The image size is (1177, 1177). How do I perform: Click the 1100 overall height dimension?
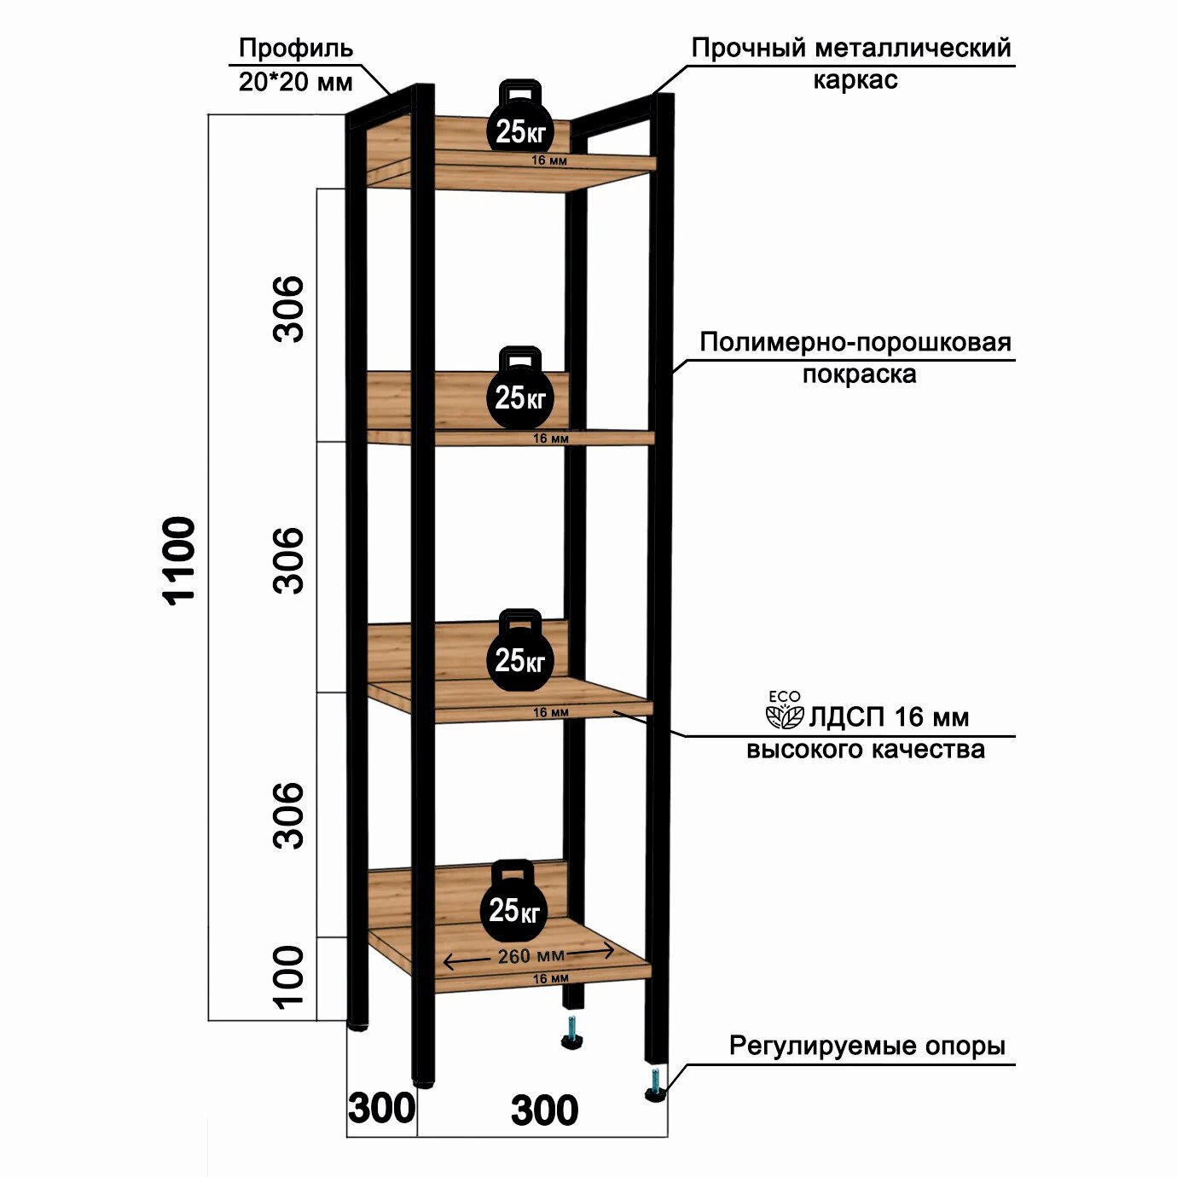(x=180, y=560)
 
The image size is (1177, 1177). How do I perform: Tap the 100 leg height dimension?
(x=289, y=977)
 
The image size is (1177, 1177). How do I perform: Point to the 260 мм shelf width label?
(x=531, y=956)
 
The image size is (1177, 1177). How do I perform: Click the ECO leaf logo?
(x=784, y=712)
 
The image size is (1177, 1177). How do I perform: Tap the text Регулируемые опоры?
(x=867, y=1046)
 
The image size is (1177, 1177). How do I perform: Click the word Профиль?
(x=295, y=48)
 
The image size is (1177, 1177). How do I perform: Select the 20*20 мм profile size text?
(x=295, y=82)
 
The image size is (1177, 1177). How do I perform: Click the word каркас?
(x=855, y=80)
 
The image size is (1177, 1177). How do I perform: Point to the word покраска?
(x=859, y=374)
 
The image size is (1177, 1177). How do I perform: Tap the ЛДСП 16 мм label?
(x=889, y=717)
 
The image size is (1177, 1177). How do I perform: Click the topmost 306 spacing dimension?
(x=289, y=309)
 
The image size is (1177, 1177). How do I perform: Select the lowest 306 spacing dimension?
(x=289, y=815)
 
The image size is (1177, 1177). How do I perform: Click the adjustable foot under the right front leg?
(x=655, y=1085)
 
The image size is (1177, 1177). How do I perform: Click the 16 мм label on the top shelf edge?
(x=549, y=160)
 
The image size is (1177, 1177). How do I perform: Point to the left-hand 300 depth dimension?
(x=381, y=1109)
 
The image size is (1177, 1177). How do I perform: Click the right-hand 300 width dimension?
(x=544, y=1110)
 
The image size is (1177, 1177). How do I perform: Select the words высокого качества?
(x=865, y=750)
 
